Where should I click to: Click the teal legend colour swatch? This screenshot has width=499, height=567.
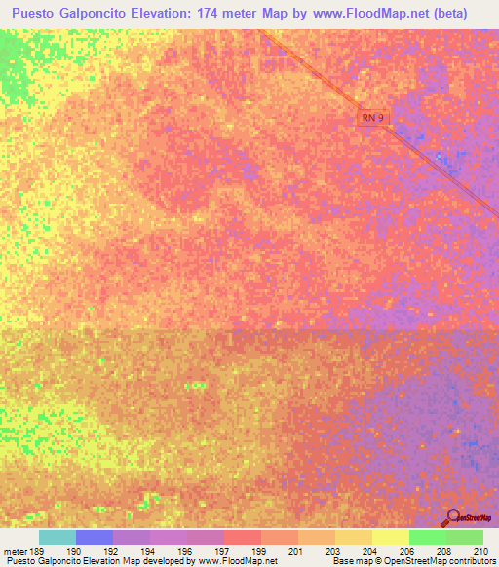pyautogui.click(x=58, y=537)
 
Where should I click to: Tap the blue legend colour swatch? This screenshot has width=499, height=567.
pyautogui.click(x=95, y=537)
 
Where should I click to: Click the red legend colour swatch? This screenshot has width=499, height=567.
pyautogui.click(x=243, y=537)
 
